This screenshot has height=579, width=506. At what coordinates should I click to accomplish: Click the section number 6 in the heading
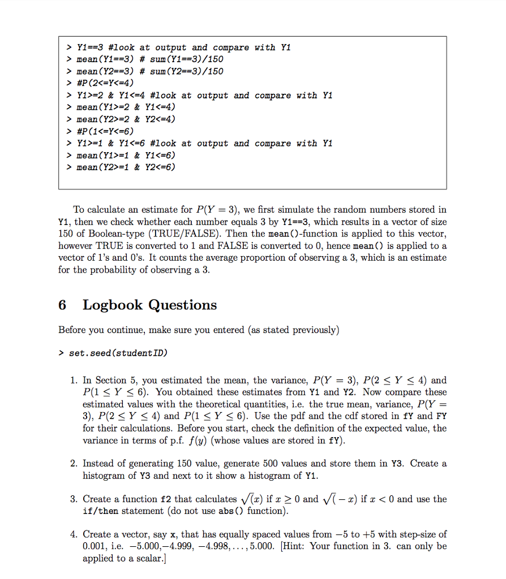[x=62, y=305]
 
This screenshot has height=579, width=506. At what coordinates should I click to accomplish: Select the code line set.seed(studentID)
[x=118, y=353]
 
